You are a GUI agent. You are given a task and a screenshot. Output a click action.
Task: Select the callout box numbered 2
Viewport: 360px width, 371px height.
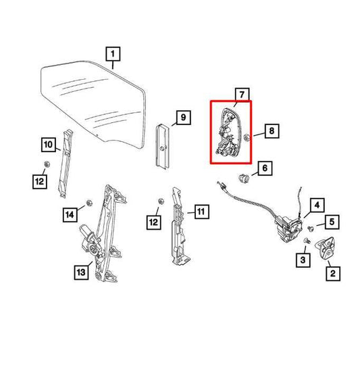332,273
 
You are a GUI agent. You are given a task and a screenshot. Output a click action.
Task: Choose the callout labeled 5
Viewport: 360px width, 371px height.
332,220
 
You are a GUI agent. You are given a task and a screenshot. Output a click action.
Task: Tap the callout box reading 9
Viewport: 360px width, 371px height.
182,120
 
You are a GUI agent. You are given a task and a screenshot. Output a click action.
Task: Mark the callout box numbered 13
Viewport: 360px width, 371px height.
80,272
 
